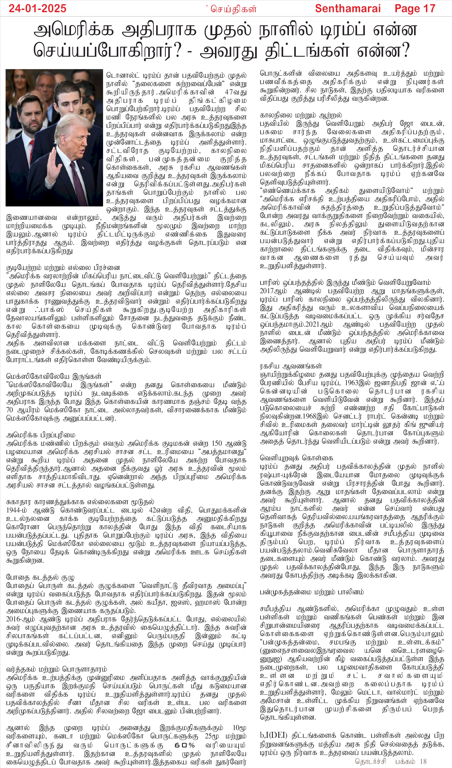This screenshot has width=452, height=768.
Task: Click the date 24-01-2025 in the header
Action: [37, 8]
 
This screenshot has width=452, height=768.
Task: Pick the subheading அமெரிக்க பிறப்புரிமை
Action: [40, 435]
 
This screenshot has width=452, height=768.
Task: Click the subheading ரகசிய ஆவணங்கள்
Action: [291, 366]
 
